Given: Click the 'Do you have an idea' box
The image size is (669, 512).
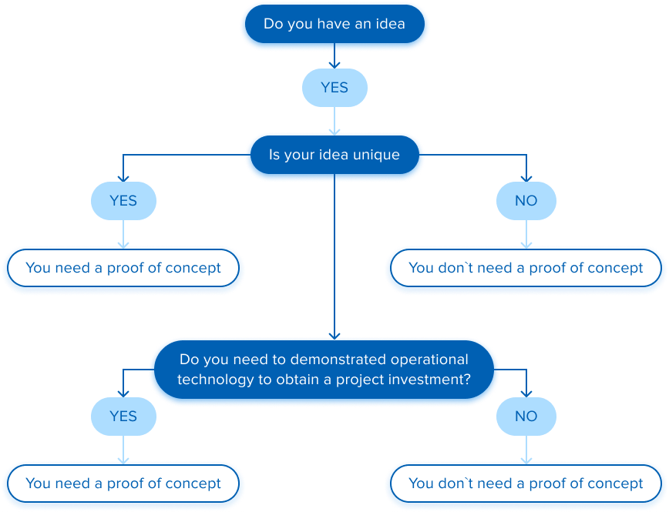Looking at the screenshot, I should (x=334, y=25).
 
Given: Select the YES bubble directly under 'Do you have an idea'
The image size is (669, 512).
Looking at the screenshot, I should (x=334, y=88).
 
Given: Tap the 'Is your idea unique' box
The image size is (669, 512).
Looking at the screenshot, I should (x=334, y=155).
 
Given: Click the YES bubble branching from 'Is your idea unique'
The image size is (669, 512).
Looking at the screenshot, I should (x=123, y=201).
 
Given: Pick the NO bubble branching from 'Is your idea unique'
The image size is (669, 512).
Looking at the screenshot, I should (x=526, y=201).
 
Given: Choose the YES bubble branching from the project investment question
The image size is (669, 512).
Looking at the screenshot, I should (x=123, y=417).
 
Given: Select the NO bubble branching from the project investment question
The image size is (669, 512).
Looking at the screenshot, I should (x=526, y=417).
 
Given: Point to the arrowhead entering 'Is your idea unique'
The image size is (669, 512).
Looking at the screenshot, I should (x=334, y=132).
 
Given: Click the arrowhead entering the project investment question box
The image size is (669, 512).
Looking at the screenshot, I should (x=334, y=335).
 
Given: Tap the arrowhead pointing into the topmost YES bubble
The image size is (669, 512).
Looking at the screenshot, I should (x=334, y=66).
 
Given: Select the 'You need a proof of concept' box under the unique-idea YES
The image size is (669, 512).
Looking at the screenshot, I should (x=123, y=269).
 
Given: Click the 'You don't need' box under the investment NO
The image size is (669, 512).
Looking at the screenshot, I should (x=526, y=484).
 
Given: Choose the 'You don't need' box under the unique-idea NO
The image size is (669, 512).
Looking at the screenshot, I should (x=526, y=269).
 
